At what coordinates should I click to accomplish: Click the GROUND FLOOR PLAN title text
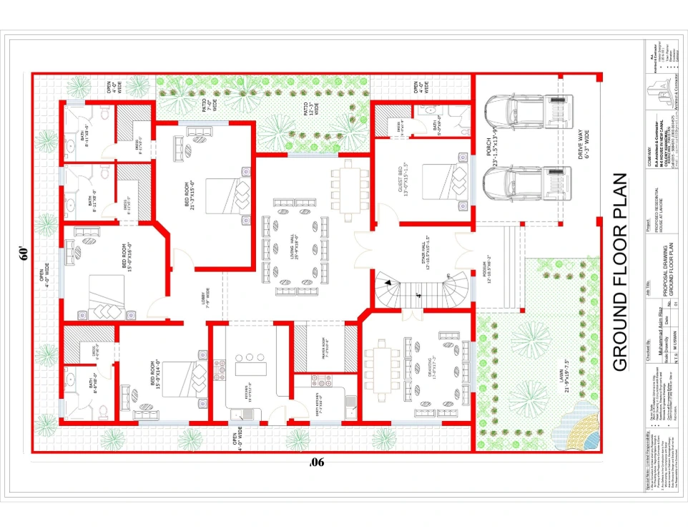(620, 271)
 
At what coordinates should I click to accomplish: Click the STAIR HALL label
(427, 248)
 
